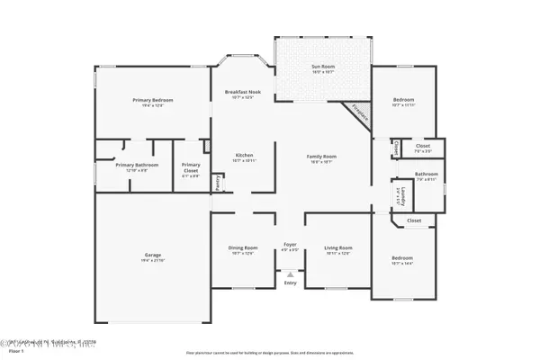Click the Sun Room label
click(x=321, y=67)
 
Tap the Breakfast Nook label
click(x=243, y=92)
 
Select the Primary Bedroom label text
click(x=152, y=100)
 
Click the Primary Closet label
click(x=191, y=165)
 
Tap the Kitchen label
click(x=245, y=155)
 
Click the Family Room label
click(x=322, y=157)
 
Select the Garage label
click(x=153, y=255)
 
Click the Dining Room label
click(x=243, y=247)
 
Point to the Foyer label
click(x=290, y=244)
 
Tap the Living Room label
click(x=337, y=247)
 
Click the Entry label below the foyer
click(x=290, y=283)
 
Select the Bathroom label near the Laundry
click(x=426, y=174)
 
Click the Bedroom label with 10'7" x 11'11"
click(x=403, y=100)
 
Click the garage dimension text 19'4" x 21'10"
click(x=153, y=261)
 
